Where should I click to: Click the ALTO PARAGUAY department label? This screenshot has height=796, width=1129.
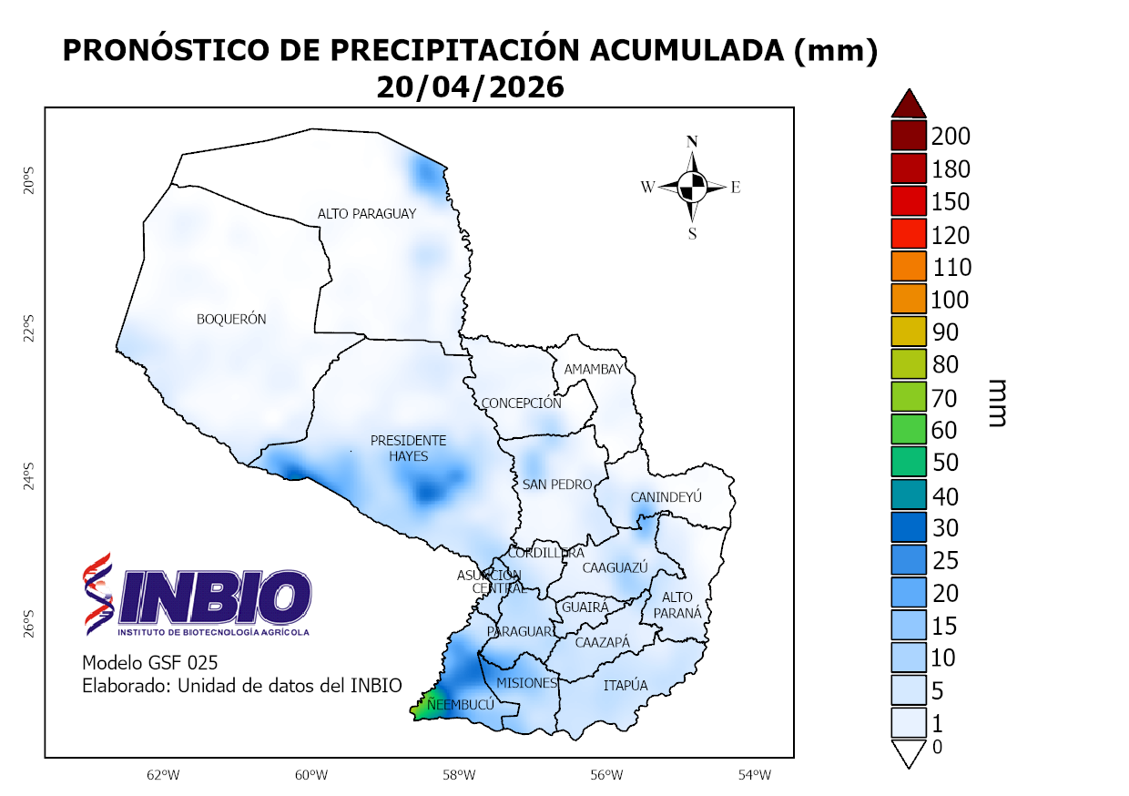[367, 213]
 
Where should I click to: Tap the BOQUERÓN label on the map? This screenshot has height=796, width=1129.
[231, 319]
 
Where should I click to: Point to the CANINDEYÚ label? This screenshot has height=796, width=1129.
[666, 497]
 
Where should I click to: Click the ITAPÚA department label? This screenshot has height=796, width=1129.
[626, 685]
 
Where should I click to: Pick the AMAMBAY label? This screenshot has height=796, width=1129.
[594, 369]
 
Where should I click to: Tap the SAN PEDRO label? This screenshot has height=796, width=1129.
[556, 485]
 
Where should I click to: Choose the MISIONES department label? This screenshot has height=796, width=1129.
[526, 683]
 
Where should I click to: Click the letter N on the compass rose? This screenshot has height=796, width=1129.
[692, 141]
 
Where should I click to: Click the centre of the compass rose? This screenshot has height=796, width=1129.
[693, 187]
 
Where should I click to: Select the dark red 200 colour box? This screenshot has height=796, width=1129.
[909, 137]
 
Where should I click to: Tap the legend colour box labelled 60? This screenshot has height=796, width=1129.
[909, 428]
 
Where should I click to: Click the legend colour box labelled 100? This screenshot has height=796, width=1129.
[909, 299]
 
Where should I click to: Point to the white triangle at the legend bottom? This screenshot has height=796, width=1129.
[909, 754]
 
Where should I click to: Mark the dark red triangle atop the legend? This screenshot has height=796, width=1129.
[909, 104]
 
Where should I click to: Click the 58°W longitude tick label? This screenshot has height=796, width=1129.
[459, 775]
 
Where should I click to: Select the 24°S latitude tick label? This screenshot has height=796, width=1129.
[28, 478]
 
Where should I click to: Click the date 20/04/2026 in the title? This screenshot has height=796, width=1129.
[470, 87]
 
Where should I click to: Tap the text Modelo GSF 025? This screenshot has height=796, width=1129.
[150, 662]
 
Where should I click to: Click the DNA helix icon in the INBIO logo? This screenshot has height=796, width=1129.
[97, 593]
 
